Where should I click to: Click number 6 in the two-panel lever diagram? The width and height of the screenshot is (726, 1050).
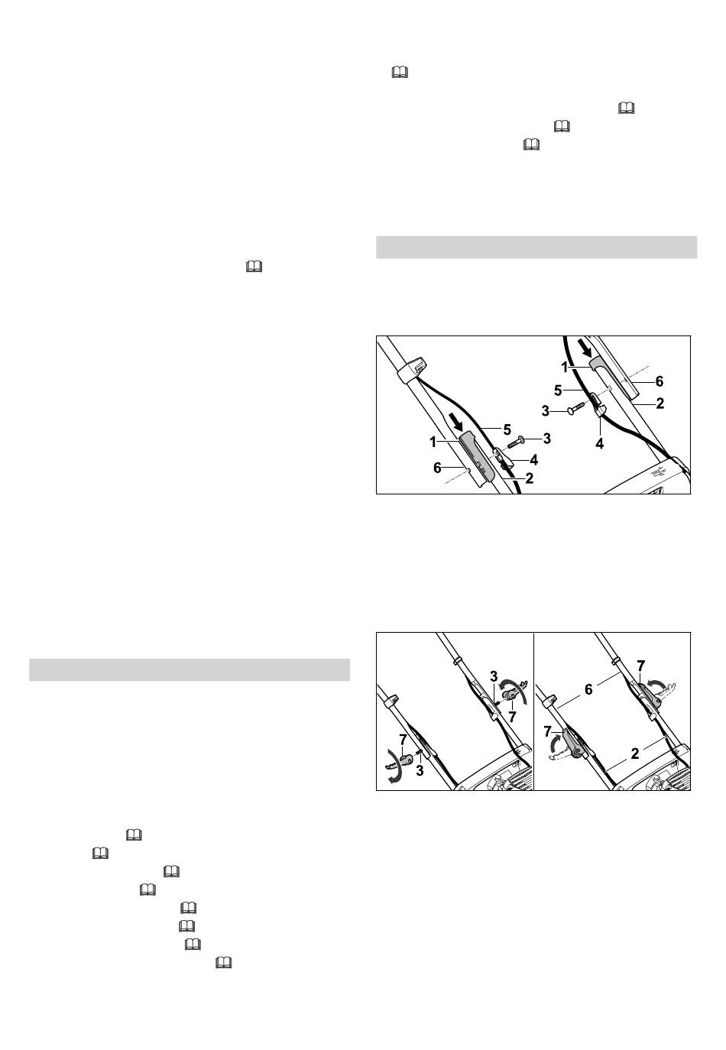point(588,689)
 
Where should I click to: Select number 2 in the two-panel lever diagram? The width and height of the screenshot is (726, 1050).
point(634,753)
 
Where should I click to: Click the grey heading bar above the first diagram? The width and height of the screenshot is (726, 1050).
point(536,247)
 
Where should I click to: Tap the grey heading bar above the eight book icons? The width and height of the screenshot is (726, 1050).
point(190,669)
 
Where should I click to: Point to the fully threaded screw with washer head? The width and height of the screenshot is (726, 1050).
point(516,442)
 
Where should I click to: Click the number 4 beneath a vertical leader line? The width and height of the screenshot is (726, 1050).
point(599,443)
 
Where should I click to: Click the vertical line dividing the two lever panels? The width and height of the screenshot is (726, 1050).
point(533,711)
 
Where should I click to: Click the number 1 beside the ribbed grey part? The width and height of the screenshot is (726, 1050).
point(433,442)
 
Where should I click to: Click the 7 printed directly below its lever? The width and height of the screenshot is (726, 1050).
point(512,717)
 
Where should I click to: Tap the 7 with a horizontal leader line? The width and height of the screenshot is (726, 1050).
point(547,731)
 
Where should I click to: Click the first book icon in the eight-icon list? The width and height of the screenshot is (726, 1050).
point(134,834)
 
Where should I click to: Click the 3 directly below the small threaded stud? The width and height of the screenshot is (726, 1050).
point(420,770)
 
